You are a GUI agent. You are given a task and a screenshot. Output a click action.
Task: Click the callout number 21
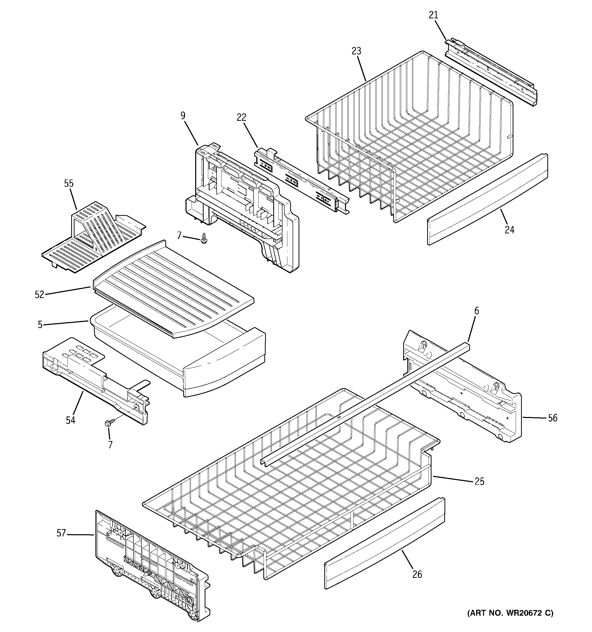[434, 15]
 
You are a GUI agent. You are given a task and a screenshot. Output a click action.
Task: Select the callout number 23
[356, 51]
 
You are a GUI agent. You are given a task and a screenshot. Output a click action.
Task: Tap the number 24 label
[509, 230]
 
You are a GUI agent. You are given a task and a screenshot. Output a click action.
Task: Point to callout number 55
[69, 183]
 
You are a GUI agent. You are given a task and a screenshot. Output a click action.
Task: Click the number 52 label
[39, 295]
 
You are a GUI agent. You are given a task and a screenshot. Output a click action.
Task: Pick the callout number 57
[61, 533]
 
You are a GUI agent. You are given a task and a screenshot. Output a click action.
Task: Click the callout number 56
[553, 418]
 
